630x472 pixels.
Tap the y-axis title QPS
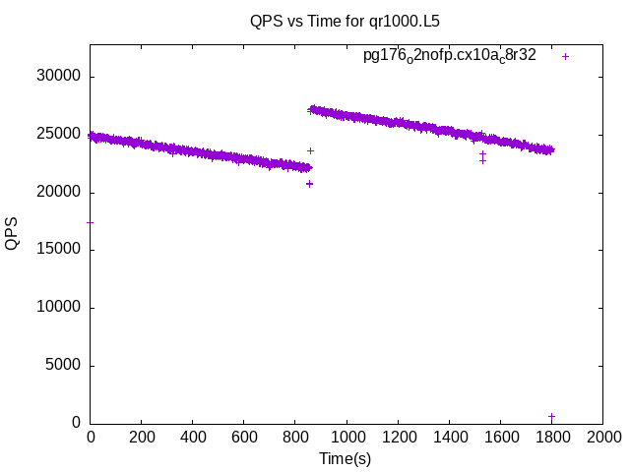(x=12, y=234)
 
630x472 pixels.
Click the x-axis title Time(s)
(x=346, y=458)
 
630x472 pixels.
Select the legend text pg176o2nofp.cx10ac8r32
(x=450, y=56)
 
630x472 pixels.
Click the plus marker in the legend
(x=565, y=56)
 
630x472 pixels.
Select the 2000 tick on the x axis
(x=602, y=435)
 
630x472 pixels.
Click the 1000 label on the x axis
(x=346, y=435)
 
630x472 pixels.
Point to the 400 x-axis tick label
(x=193, y=435)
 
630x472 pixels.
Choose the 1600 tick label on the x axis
(x=500, y=435)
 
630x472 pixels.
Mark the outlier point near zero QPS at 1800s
(x=551, y=417)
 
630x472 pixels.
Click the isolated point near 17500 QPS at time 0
(x=91, y=222)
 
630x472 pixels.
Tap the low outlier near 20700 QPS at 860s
(x=309, y=184)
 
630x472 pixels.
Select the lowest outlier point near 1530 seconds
(x=482, y=160)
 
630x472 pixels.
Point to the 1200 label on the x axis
(x=398, y=435)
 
